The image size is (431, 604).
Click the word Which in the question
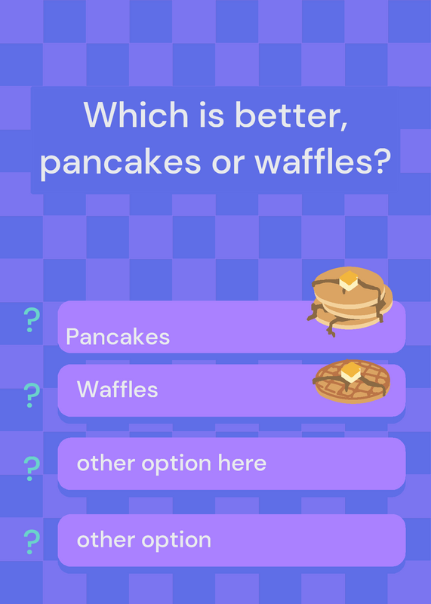pos(136,115)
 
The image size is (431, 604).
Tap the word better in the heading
pos(291,115)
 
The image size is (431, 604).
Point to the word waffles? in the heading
pos(323,160)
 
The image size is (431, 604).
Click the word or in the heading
pos(228,163)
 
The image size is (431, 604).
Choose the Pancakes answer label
pos(118,337)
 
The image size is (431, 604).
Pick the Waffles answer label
pos(118,389)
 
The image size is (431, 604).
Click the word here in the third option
pos(242,463)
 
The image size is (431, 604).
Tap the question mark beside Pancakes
pos(32,320)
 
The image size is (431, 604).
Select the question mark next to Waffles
pos(32,396)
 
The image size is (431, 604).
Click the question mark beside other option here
pos(32,469)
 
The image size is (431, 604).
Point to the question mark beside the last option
pos(32,542)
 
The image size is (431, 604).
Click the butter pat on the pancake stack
pos(349,280)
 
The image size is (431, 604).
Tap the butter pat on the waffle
pos(351,371)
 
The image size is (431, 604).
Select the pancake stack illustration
pos(349,301)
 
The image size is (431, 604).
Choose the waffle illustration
pos(352,381)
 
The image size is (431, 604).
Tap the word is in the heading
pos(211,115)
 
